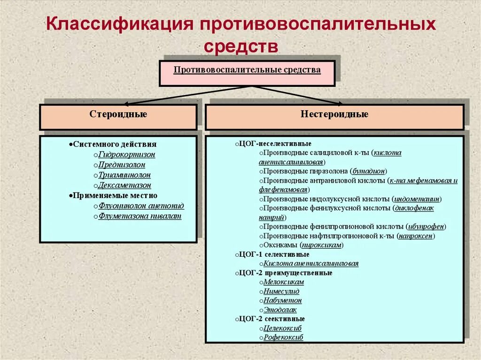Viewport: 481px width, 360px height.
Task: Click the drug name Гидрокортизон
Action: click(x=127, y=154)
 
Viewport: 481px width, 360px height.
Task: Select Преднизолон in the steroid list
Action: click(x=122, y=165)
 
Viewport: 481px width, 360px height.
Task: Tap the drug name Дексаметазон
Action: click(x=125, y=185)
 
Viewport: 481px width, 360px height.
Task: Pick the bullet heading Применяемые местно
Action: click(x=115, y=195)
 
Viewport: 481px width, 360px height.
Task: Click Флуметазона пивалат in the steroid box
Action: click(x=140, y=216)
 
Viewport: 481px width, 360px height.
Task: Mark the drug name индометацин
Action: click(x=417, y=199)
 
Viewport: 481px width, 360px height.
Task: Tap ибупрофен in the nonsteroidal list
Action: click(x=425, y=227)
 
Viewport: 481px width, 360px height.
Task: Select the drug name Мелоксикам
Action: click(x=284, y=282)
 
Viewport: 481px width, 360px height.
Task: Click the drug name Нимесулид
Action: click(x=281, y=291)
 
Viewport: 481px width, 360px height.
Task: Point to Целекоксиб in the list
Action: click(x=283, y=328)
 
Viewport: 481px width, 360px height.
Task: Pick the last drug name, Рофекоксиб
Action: click(x=283, y=337)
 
